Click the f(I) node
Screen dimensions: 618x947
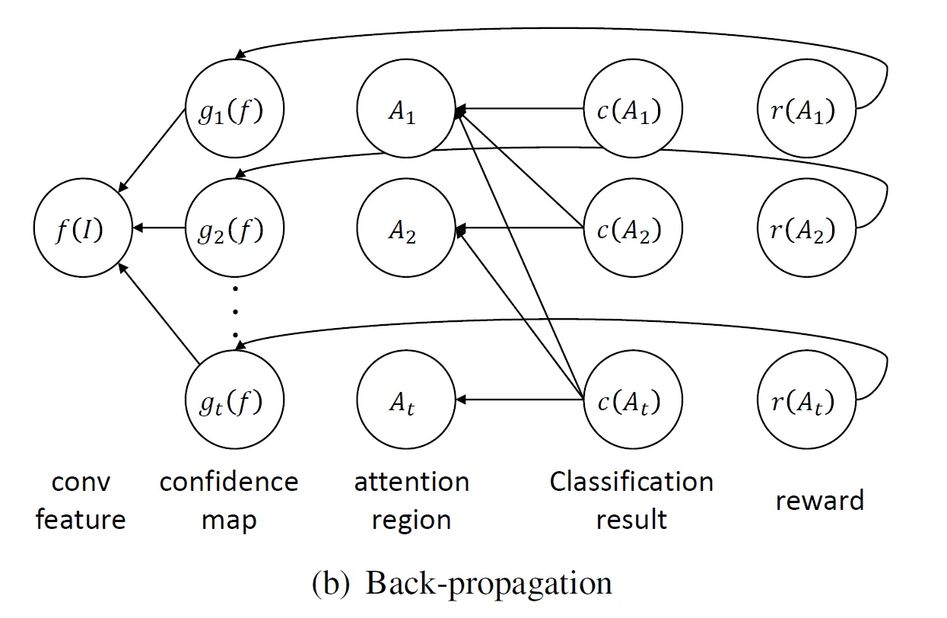81,228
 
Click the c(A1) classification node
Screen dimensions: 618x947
628,111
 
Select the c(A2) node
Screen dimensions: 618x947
628,228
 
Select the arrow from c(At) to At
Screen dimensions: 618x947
517,400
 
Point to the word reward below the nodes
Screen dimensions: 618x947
820,501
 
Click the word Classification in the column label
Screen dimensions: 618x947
631,482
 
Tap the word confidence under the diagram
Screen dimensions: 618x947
229,482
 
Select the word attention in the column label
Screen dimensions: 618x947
412,482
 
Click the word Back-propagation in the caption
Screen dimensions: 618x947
489,584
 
